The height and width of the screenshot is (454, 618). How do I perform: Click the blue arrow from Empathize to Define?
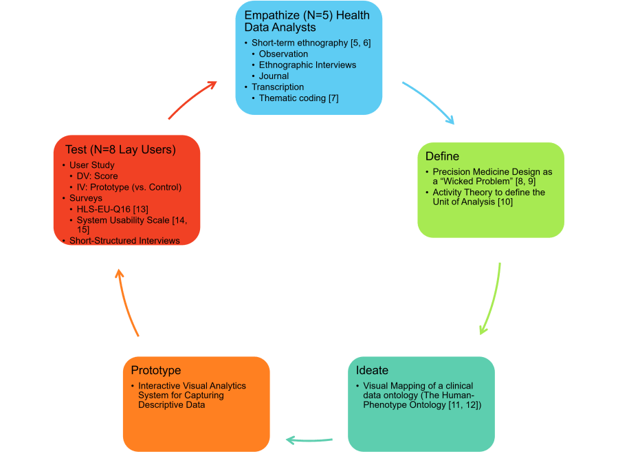click(428, 102)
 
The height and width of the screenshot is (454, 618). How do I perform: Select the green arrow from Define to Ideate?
click(491, 299)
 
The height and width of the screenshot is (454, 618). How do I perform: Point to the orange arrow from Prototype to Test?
click(129, 303)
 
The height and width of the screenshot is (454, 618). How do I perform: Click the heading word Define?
click(442, 156)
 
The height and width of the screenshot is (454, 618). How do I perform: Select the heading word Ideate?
click(372, 370)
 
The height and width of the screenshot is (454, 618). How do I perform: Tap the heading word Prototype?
click(155, 370)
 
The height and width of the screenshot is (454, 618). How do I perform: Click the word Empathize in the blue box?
click(271, 15)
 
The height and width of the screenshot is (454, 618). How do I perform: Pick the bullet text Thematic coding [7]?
click(298, 98)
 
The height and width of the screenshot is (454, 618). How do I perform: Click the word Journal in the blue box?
click(274, 76)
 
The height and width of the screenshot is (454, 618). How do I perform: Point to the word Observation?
click(283, 54)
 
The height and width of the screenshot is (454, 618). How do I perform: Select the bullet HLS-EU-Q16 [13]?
click(113, 209)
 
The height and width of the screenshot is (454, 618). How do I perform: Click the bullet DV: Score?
click(97, 176)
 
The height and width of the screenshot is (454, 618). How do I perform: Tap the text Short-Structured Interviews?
click(124, 241)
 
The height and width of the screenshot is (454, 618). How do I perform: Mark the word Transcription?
click(278, 87)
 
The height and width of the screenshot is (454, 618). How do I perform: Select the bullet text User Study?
click(92, 165)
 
